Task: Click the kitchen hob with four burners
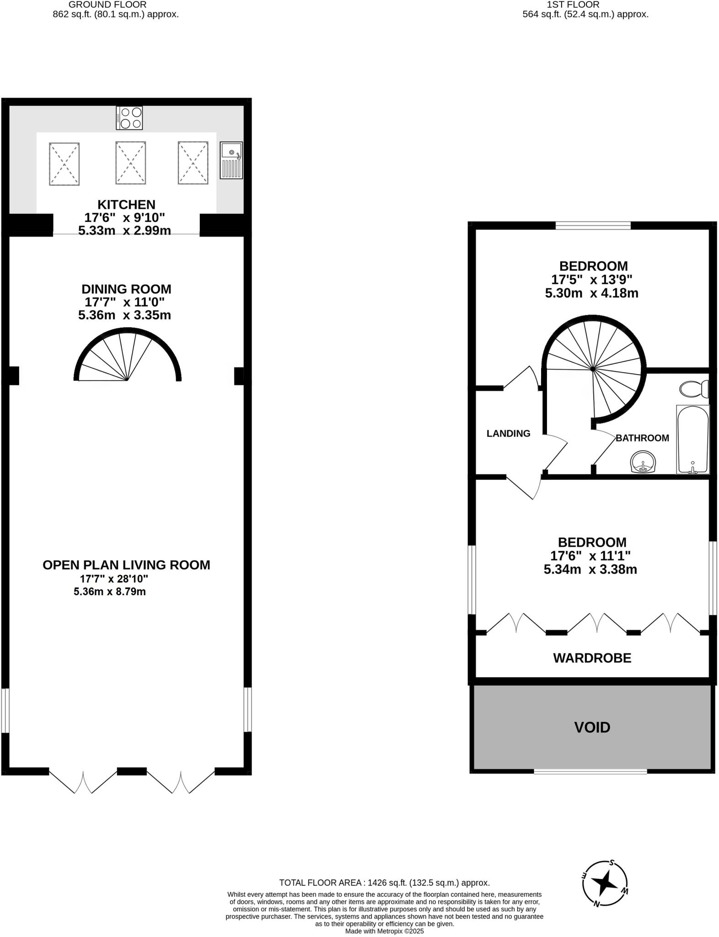coord(129,118)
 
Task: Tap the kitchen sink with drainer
coord(231,160)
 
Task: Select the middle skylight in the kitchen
coord(130,163)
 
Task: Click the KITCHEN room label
coord(126,205)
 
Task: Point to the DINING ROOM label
coord(126,289)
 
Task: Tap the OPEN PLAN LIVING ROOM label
coord(126,565)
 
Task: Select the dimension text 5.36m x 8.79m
coord(110,592)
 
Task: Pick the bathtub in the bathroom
coord(692,439)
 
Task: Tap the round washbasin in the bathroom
coord(643,462)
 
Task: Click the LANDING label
coord(508,433)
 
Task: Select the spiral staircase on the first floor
coord(594,368)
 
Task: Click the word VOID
coord(592,727)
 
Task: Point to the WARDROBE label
coord(592,658)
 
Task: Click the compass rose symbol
coord(605,883)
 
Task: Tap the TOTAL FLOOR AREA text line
coord(384,883)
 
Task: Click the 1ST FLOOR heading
coord(573,5)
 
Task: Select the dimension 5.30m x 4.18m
coord(591,293)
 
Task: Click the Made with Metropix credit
coord(384,931)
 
